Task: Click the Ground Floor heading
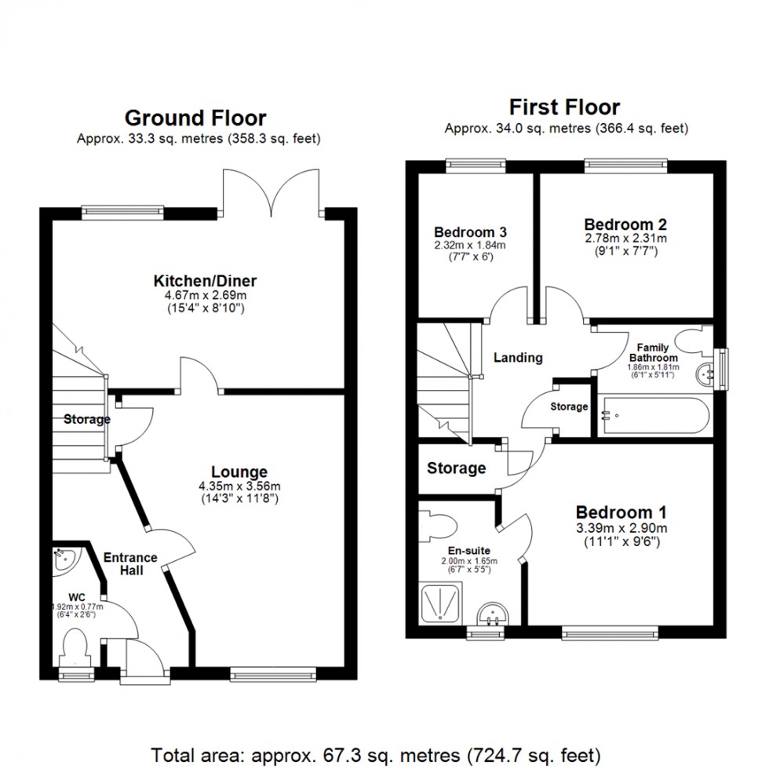(195, 118)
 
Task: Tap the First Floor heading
(564, 107)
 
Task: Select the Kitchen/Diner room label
(205, 281)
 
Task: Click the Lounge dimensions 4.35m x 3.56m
(239, 485)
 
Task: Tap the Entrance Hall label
(131, 563)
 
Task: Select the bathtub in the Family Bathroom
(654, 417)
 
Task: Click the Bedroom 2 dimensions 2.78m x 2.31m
(625, 239)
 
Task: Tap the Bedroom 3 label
(470, 232)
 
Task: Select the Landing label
(518, 358)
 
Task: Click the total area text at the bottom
(384, 755)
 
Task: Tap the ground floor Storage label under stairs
(86, 420)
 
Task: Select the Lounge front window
(275, 673)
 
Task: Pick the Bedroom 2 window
(625, 166)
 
